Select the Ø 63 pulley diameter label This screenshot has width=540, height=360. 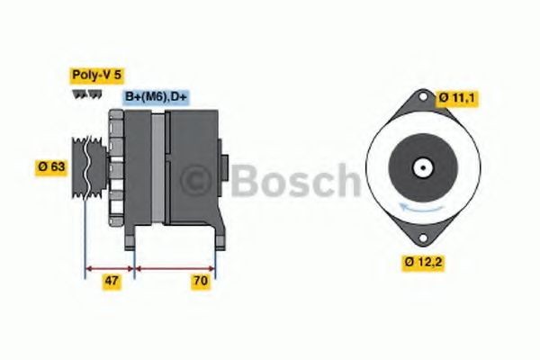51,166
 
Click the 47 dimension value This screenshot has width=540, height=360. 111,281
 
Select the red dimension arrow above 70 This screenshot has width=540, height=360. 175,267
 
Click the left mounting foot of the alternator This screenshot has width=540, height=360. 130,236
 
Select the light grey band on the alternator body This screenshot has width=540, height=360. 158,166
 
